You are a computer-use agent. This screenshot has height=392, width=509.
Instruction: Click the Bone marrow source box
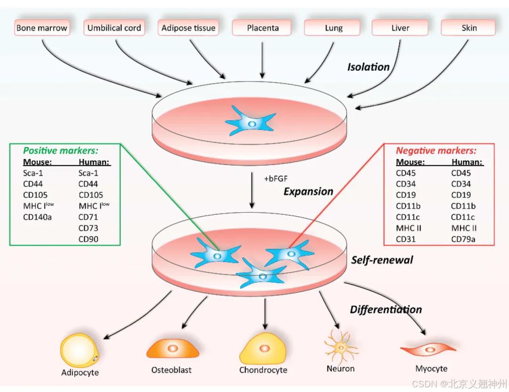(41, 28)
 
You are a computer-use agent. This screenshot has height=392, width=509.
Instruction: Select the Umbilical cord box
(114, 28)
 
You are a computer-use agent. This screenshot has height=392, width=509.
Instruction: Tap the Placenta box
(263, 28)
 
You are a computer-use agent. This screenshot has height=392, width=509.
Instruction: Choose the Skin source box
(468, 28)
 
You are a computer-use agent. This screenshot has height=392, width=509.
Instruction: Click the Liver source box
(400, 28)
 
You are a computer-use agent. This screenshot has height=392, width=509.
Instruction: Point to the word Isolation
(369, 67)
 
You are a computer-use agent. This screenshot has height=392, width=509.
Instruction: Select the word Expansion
(308, 191)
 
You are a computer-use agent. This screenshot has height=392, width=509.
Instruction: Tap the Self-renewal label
(382, 260)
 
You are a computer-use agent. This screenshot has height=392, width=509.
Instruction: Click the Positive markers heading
(61, 151)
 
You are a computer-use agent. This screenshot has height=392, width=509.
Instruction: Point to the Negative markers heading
(436, 151)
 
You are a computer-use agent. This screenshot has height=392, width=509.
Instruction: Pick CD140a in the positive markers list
(37, 217)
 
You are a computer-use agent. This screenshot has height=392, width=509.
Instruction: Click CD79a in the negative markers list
(463, 239)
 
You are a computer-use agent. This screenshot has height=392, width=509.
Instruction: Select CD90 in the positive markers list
(88, 239)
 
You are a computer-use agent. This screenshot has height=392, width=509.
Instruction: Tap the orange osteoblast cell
(172, 349)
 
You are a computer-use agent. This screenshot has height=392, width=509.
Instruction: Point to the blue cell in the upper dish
(251, 122)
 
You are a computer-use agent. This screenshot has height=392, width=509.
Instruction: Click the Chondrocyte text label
(263, 370)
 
